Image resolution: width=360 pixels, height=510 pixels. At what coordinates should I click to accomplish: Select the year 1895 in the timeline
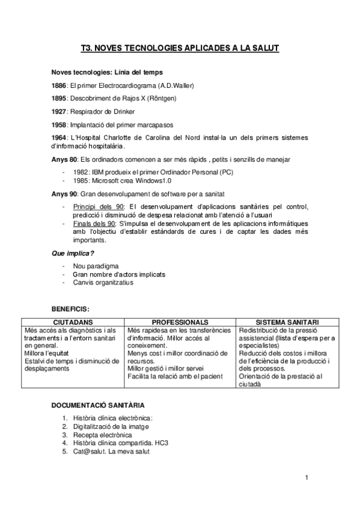point(59,98)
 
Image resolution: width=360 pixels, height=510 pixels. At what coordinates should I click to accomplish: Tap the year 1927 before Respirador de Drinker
point(59,112)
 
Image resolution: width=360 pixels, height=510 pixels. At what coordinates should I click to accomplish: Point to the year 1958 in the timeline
point(59,125)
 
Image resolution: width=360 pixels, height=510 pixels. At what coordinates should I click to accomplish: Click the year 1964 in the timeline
point(59,138)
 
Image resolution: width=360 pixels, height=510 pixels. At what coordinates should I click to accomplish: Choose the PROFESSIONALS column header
point(180,322)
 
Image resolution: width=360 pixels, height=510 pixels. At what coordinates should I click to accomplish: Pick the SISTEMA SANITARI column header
point(287,322)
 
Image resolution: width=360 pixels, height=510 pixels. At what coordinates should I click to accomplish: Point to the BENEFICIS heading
point(70,309)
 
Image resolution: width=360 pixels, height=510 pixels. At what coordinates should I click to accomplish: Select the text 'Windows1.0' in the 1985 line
point(153,180)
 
